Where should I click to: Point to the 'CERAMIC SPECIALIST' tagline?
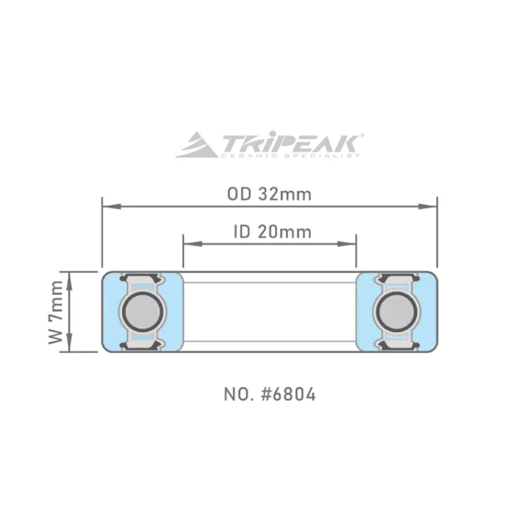pyautogui.click(x=290, y=155)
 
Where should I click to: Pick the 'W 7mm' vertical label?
pyautogui.click(x=56, y=312)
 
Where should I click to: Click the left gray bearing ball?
pyautogui.click(x=141, y=312)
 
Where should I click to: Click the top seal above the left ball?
pyautogui.click(x=141, y=277)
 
